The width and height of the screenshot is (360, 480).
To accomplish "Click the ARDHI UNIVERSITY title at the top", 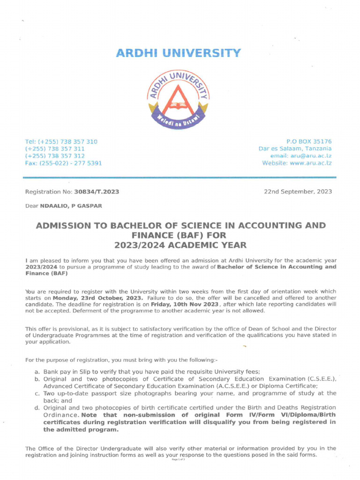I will coord(180,53).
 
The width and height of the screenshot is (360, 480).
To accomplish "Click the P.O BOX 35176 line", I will coord(309,142).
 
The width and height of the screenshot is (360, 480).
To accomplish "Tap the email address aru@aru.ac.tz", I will coord(311,156).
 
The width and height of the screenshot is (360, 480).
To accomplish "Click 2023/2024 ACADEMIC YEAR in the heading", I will coord(180,245).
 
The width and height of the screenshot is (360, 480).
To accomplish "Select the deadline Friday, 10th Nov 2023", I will coord(185,304).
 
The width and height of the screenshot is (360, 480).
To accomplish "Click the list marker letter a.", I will coord(37,371).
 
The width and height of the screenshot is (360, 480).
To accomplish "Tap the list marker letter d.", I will coord(37,408).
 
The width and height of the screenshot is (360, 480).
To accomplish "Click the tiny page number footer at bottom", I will coord(178,460).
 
